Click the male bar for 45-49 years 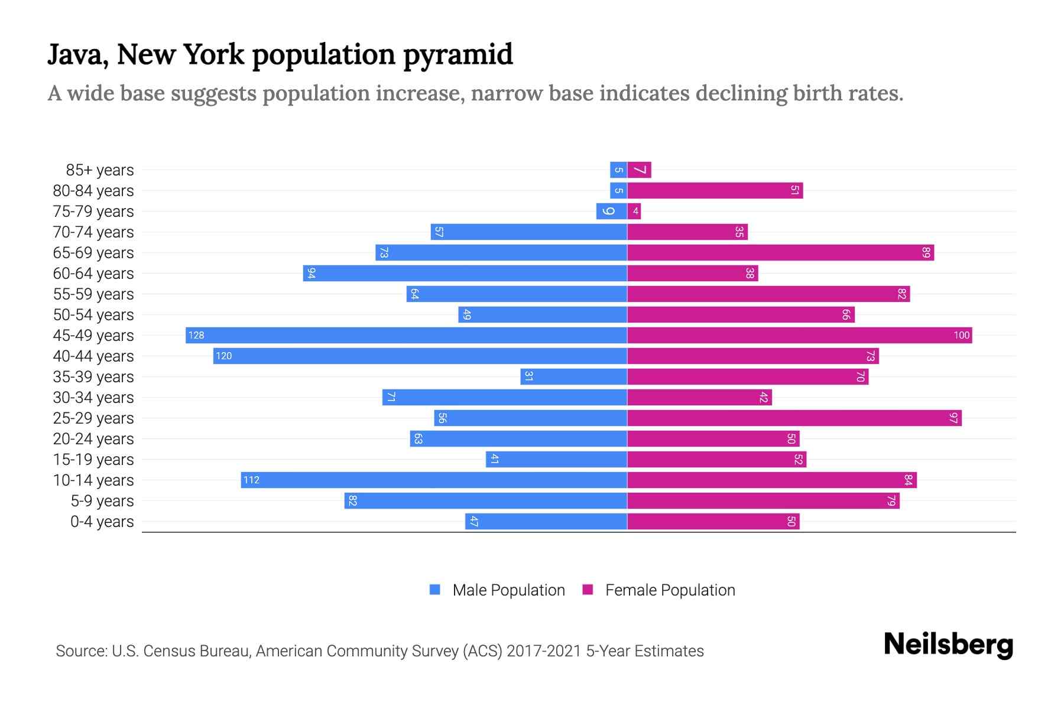[x=406, y=336]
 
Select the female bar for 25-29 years [x=794, y=418]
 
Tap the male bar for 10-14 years [x=434, y=480]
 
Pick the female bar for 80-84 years [x=715, y=191]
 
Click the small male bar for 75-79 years [x=611, y=212]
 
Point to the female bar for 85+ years [x=639, y=170]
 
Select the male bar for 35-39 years [x=573, y=377]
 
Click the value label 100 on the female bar [x=961, y=336]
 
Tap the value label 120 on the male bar [x=224, y=356]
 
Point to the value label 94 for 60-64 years [x=312, y=274]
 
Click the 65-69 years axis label [x=93, y=253]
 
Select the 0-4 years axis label [x=102, y=522]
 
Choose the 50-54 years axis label [x=93, y=315]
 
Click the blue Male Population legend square [x=435, y=590]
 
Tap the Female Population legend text [x=670, y=590]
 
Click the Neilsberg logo [x=948, y=645]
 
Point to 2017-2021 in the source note [x=544, y=651]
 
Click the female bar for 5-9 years [x=763, y=501]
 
